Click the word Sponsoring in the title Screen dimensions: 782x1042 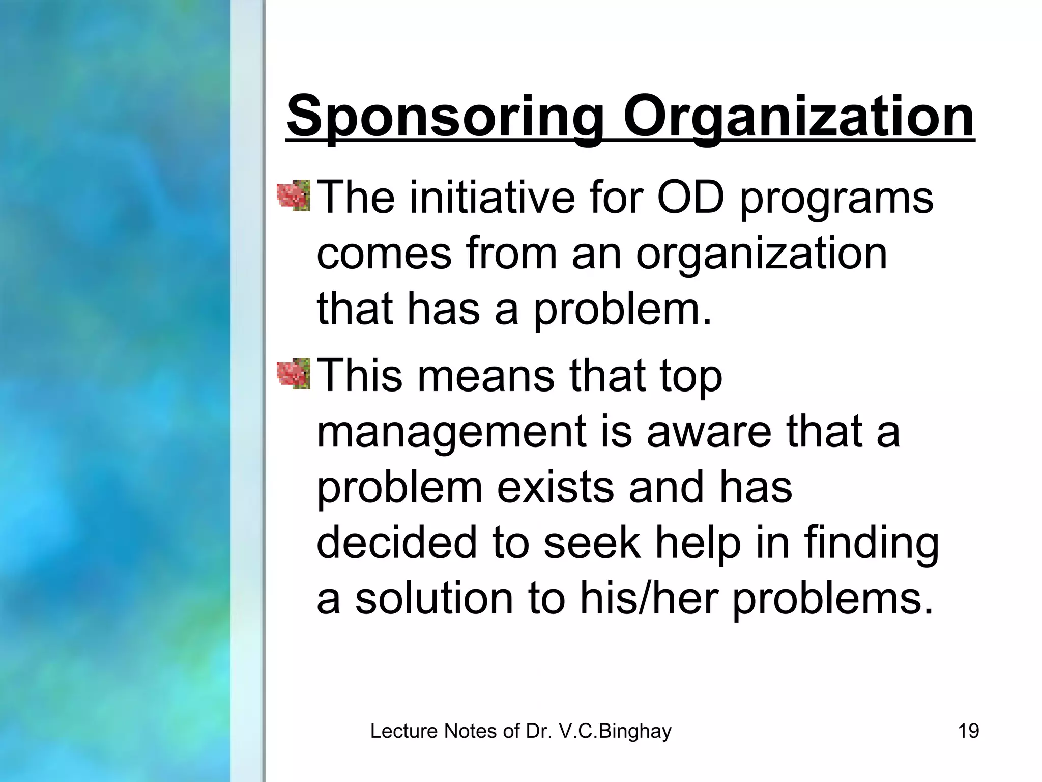pyautogui.click(x=445, y=118)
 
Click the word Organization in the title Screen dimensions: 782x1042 pyautogui.click(x=798, y=118)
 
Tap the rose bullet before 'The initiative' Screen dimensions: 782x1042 pyautogui.click(x=294, y=195)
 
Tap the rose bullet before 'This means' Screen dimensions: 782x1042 pyautogui.click(x=294, y=374)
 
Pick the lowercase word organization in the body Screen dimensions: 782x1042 pyautogui.click(x=762, y=255)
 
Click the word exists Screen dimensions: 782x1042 pyautogui.click(x=555, y=487)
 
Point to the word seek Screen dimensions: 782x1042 pyautogui.click(x=592, y=542)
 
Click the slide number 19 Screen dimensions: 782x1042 pyautogui.click(x=968, y=731)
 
